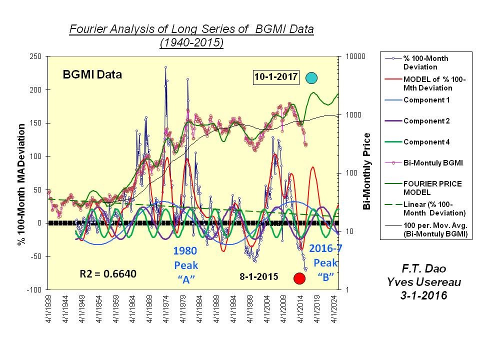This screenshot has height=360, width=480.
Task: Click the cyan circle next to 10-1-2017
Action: (x=311, y=78)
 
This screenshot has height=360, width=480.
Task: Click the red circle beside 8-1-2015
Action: (x=299, y=278)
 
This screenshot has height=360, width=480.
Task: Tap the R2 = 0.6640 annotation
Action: (x=108, y=274)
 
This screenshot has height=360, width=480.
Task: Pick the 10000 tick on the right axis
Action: (x=357, y=56)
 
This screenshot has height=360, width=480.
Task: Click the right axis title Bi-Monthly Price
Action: (x=367, y=171)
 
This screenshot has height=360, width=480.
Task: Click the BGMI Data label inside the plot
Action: (x=92, y=75)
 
